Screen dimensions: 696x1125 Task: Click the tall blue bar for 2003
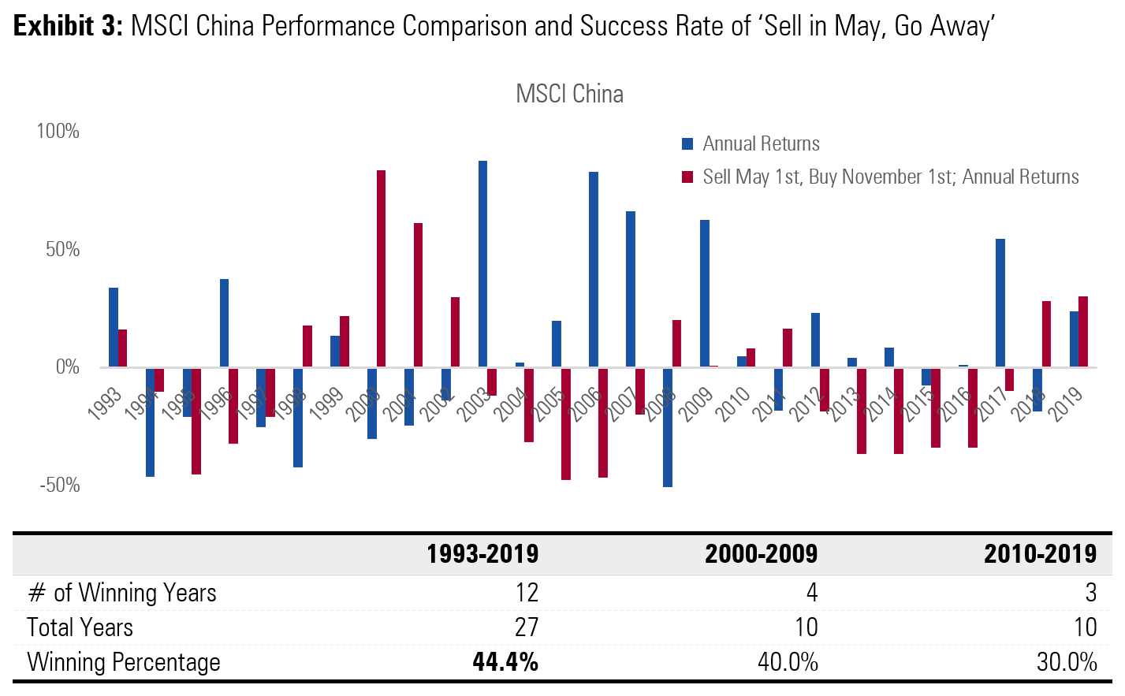pos(482,264)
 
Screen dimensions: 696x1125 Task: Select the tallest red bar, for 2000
pos(381,269)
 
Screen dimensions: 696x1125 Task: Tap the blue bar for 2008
pos(668,426)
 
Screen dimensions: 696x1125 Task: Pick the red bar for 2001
pos(418,295)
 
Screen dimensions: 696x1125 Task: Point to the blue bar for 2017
pos(1000,303)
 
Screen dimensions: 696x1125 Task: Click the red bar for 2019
pos(1083,331)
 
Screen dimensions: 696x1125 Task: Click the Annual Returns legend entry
pos(761,143)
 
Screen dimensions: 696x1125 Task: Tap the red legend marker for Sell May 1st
pos(687,177)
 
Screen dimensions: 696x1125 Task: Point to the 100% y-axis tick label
pos(58,131)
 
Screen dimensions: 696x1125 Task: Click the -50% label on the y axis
pos(60,486)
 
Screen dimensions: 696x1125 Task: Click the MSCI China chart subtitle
pos(569,94)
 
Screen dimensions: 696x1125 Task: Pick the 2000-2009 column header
pos(761,554)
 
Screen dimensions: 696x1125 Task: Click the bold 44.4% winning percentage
pos(505,662)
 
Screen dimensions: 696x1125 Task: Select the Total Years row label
pos(80,627)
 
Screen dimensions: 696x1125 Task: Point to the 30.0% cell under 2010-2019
pos(1067,662)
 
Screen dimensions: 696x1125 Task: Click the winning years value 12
pos(527,593)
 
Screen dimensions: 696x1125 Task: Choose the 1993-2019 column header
pos(482,554)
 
